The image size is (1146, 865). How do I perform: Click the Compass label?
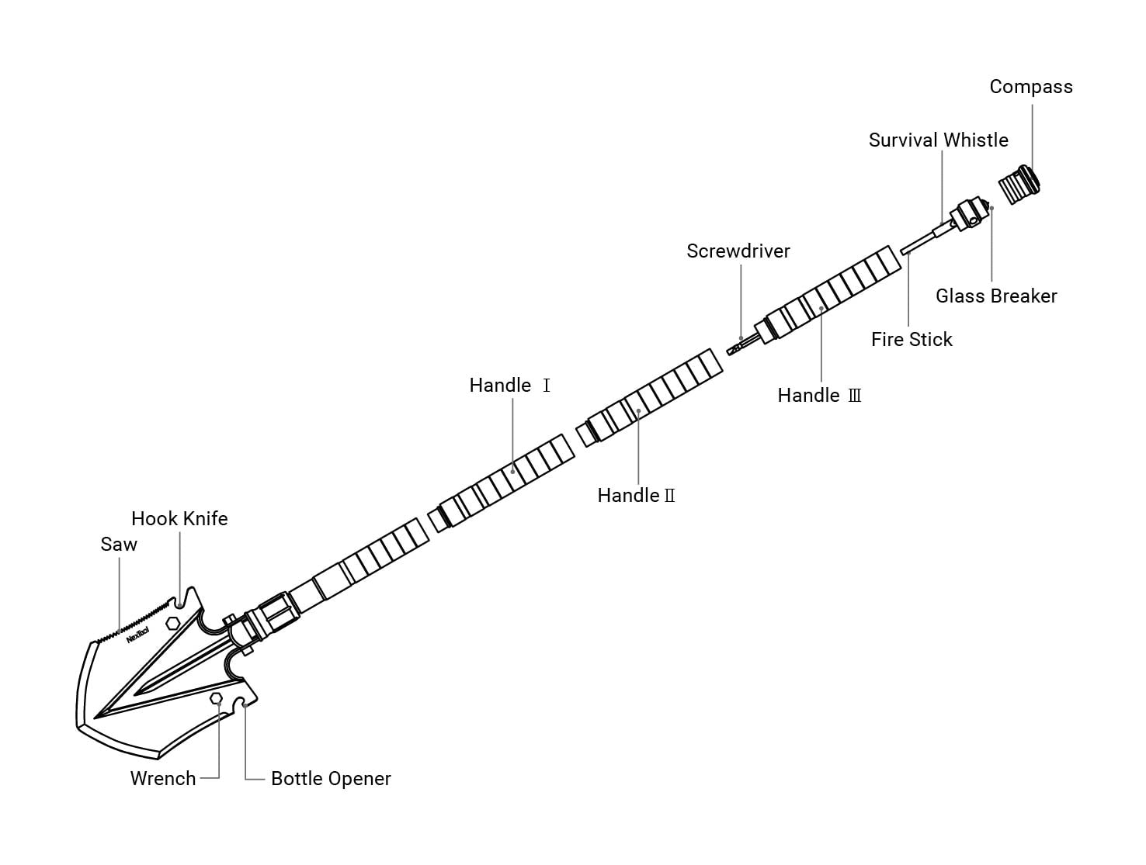(1030, 87)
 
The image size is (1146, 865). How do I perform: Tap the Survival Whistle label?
(938, 140)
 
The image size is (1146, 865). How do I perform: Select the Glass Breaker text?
(995, 296)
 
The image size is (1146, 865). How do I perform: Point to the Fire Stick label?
(911, 340)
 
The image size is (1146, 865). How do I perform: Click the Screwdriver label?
(738, 251)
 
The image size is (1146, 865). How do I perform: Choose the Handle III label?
(819, 396)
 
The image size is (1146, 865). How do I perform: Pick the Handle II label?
(636, 496)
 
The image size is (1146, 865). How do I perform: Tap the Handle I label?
(509, 386)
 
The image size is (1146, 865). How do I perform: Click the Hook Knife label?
(179, 519)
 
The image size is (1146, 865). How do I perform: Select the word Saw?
(119, 545)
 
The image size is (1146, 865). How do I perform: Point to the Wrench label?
(163, 779)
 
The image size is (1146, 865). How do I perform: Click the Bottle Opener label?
(331, 779)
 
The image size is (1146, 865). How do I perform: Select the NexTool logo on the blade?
(137, 635)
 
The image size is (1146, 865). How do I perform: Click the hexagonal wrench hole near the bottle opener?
(217, 699)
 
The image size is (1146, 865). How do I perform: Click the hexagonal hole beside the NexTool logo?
(172, 622)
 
